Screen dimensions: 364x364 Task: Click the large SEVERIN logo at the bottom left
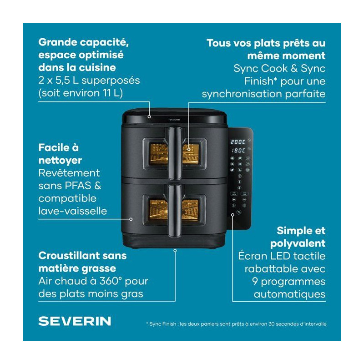click(x=75, y=321)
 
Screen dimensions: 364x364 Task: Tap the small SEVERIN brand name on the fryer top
click(x=175, y=120)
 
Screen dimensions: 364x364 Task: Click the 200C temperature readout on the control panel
click(x=238, y=142)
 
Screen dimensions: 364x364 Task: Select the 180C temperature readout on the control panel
click(x=238, y=151)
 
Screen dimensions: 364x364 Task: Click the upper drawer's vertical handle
click(x=175, y=152)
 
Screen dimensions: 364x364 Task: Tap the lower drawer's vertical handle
click(x=175, y=210)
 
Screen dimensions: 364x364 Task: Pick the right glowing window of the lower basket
click(x=190, y=210)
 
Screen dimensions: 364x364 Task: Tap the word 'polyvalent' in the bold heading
click(x=298, y=244)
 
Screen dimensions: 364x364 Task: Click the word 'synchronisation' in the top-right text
click(x=242, y=94)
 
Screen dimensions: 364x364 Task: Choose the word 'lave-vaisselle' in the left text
click(x=73, y=211)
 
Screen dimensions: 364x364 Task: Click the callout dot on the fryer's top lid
click(x=149, y=117)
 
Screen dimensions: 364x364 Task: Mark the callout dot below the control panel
click(x=233, y=215)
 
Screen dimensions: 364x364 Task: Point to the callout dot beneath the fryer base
click(x=175, y=251)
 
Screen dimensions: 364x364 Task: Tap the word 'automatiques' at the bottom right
click(x=290, y=294)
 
